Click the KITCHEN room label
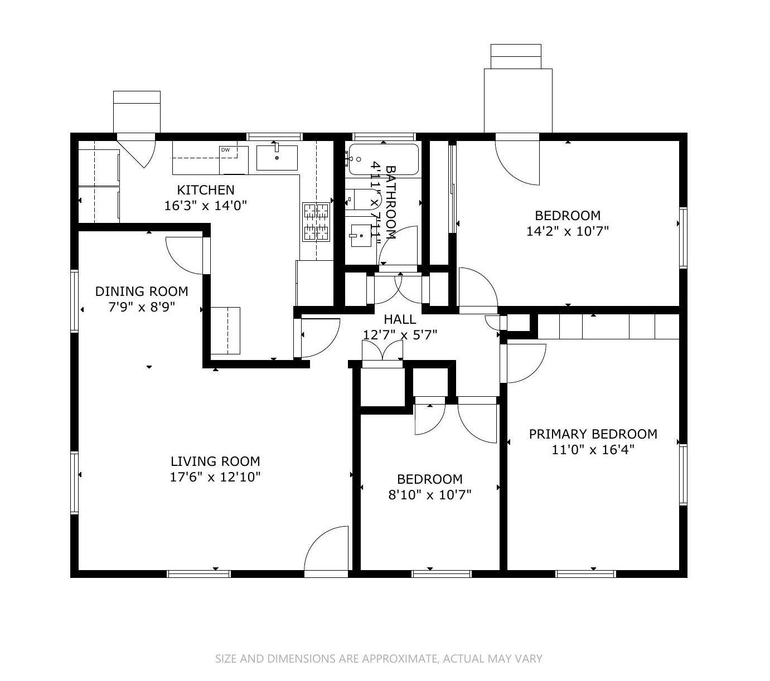tap(205, 189)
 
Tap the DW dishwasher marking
tap(226, 150)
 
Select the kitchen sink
tap(277, 158)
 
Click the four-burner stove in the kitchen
tap(316, 222)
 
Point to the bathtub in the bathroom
tap(382, 159)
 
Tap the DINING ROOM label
tap(142, 291)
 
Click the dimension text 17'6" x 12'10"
tap(215, 477)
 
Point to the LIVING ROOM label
tap(215, 461)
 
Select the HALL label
tap(400, 319)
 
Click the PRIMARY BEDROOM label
tap(593, 434)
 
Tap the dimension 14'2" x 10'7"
tap(568, 231)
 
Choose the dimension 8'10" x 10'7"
tap(430, 494)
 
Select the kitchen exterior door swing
tap(139, 150)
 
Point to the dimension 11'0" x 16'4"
tap(593, 450)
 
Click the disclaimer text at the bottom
tap(379, 659)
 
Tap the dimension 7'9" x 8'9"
tap(142, 307)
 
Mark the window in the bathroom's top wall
tap(384, 137)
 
